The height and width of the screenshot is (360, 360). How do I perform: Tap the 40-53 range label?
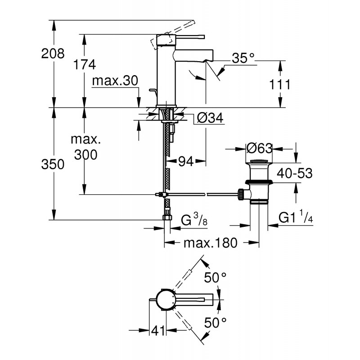point(294,173)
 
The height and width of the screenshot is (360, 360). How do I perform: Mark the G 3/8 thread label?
point(194,220)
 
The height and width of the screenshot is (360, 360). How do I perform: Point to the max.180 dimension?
point(210,243)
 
